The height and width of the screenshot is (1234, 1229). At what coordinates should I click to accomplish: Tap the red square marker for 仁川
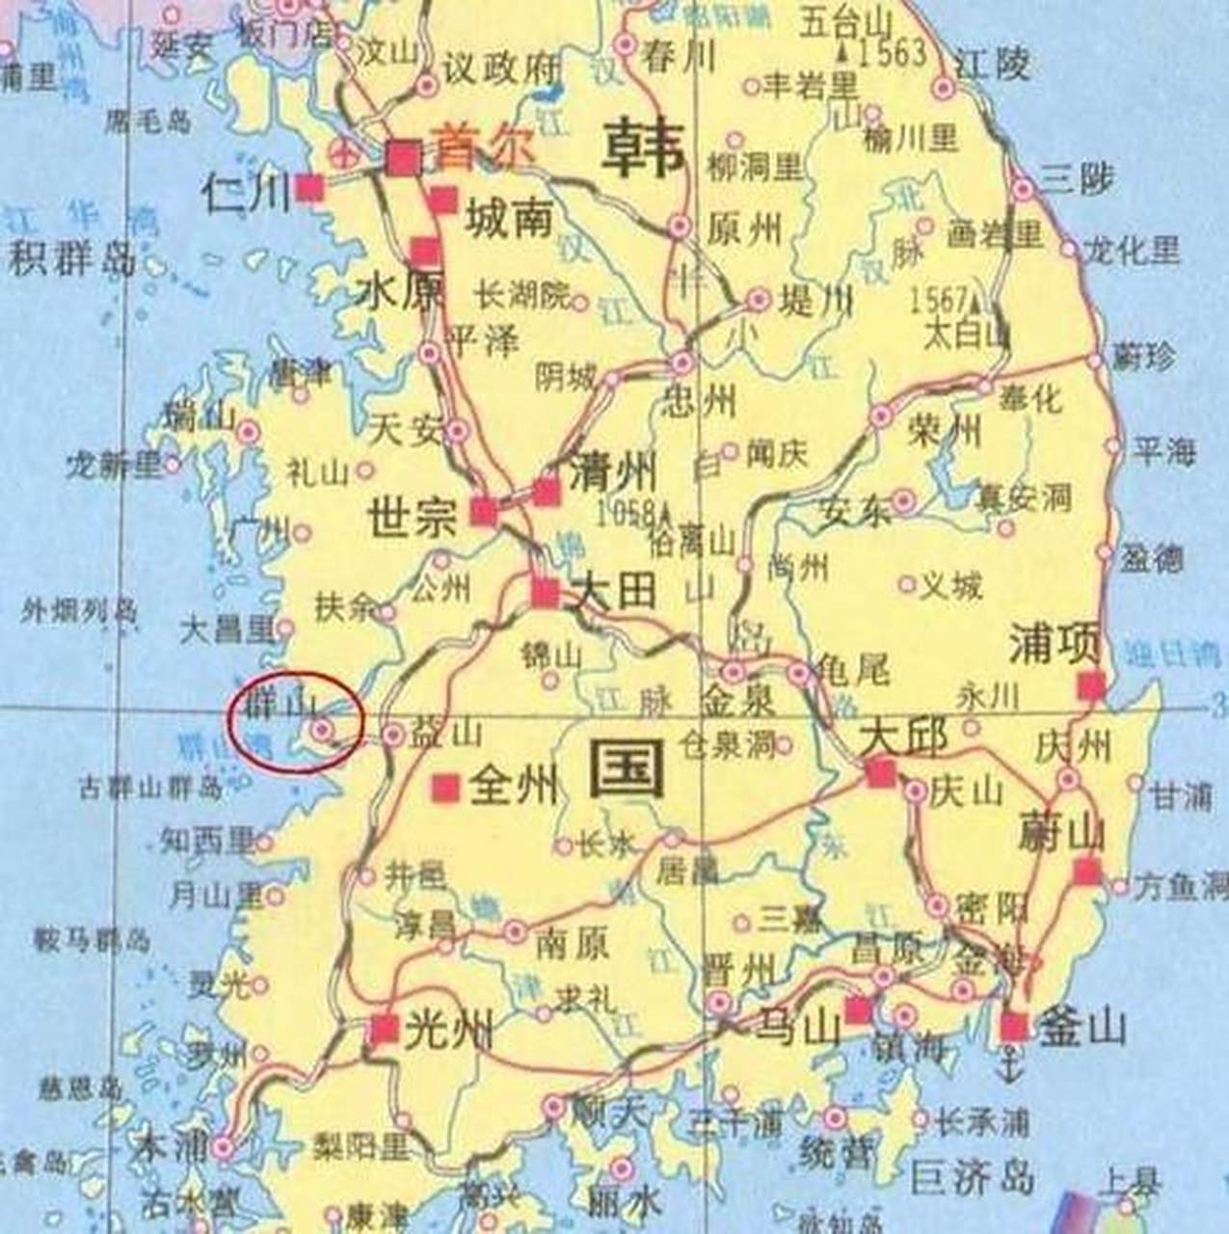[309, 188]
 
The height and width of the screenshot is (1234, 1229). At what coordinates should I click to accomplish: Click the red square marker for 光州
[385, 1030]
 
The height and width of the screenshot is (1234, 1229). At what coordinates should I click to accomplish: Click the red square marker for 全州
[445, 788]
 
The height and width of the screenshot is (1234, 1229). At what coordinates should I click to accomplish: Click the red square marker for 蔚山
[1087, 872]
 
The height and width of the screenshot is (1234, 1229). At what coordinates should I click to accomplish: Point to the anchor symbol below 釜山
[1009, 1067]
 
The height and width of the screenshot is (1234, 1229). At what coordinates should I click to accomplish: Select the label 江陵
[993, 65]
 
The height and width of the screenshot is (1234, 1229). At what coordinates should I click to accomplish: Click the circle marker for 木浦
[224, 1148]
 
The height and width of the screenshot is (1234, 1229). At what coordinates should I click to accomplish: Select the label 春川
[680, 57]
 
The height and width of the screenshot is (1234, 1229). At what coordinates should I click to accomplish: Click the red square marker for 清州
[547, 491]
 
